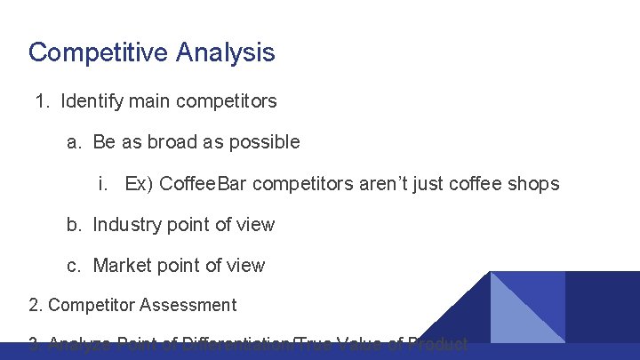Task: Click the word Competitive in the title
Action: click(99, 52)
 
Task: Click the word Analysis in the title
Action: click(225, 52)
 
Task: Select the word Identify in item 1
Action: click(92, 101)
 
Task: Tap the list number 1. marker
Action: click(43, 101)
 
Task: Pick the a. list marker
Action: click(75, 142)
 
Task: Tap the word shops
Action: click(532, 184)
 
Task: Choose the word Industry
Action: click(127, 225)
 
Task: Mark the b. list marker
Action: click(75, 225)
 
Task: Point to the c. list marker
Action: click(75, 266)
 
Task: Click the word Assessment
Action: click(188, 306)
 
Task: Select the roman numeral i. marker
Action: click(104, 184)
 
